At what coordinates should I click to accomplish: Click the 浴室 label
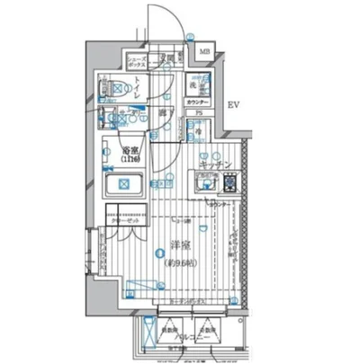(132, 150)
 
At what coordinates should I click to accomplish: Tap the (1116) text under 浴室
(132, 159)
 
